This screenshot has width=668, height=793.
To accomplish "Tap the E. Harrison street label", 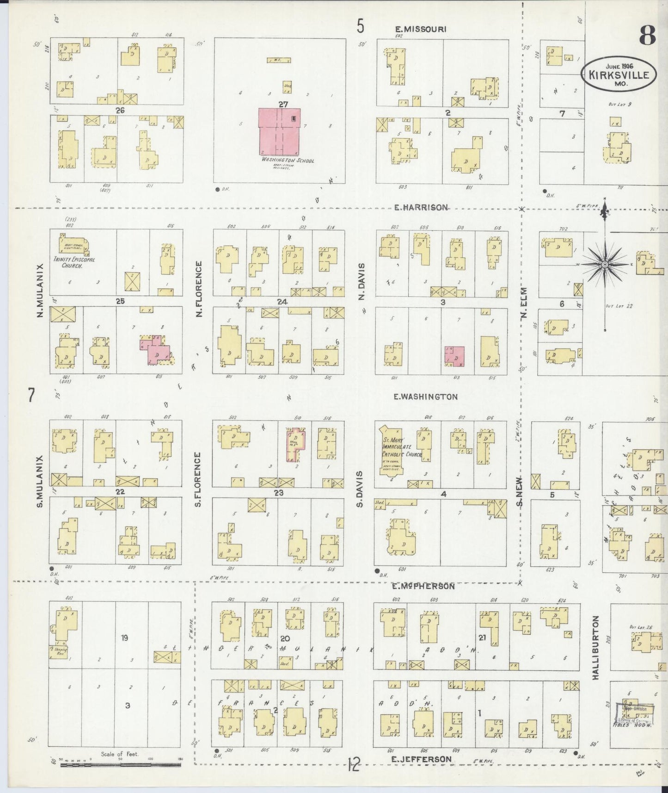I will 421,208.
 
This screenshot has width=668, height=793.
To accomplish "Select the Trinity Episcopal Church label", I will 74,263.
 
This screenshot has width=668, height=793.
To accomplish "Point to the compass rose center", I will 604,264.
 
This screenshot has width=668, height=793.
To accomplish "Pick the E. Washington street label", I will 425,397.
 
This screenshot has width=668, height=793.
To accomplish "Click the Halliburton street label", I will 595,647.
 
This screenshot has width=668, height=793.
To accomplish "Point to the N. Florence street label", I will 199,289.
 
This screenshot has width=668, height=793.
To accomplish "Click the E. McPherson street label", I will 423,586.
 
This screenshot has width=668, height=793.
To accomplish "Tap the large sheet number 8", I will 648,35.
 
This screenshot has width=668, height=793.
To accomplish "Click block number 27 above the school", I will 283,105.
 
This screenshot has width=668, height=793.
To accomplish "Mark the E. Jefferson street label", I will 421,759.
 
